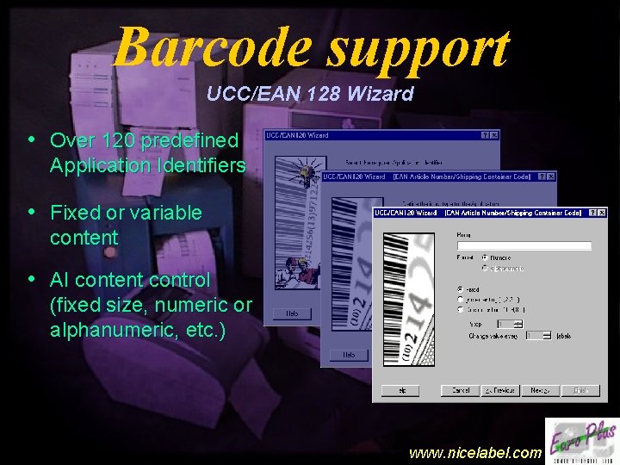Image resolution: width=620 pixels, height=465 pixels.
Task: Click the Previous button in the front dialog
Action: click(497, 390)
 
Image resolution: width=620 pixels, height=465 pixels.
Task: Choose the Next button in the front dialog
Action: click(540, 390)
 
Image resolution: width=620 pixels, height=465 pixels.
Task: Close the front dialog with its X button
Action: click(601, 212)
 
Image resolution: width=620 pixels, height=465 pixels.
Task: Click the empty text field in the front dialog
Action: click(524, 245)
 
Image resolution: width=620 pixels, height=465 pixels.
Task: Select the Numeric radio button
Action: click(485, 257)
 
